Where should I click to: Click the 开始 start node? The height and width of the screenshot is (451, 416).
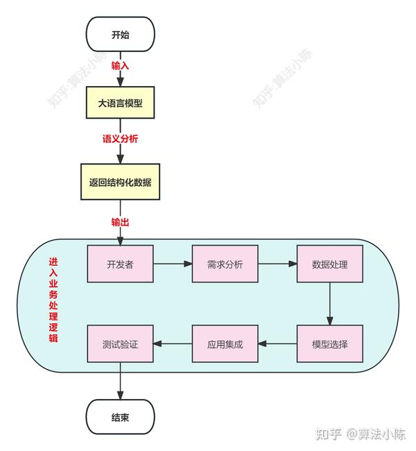(120, 35)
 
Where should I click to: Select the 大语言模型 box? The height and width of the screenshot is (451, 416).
(120, 103)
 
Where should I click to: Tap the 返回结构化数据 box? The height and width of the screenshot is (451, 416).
(120, 182)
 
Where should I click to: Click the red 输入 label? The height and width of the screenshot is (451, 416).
(120, 66)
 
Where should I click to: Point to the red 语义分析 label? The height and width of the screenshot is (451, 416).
(120, 139)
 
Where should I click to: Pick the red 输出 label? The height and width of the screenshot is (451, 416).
(120, 223)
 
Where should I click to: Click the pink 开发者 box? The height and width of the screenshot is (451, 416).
(120, 264)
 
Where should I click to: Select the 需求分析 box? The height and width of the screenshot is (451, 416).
(225, 264)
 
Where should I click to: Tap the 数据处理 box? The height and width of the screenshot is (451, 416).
(329, 264)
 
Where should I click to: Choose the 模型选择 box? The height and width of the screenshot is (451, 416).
(329, 343)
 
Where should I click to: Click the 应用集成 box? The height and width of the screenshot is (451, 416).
(225, 343)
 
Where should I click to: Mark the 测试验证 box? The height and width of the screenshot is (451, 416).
(120, 343)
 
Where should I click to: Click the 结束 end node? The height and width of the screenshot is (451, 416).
(120, 418)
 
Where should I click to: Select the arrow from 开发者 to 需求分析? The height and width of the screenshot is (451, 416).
(172, 264)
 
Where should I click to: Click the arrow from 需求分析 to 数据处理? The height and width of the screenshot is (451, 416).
(277, 264)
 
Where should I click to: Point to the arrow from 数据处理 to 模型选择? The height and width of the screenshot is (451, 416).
(329, 304)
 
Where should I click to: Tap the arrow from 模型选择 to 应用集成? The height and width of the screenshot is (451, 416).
(277, 343)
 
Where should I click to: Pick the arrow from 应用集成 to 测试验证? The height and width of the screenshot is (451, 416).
(172, 343)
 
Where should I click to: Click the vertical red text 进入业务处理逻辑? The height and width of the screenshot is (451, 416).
(53, 300)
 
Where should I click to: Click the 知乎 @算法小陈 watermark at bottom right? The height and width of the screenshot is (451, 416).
(360, 434)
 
